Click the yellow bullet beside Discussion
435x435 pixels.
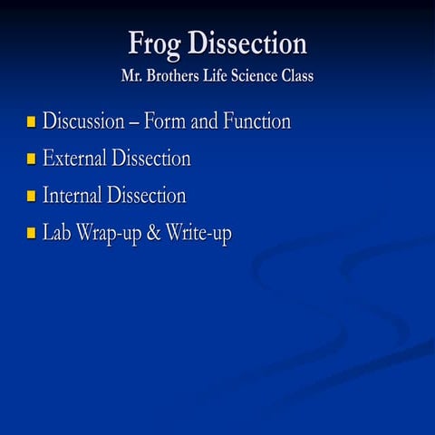tap(31, 121)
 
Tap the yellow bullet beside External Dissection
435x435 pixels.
tap(31, 159)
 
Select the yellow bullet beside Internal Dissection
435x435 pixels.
tap(31, 196)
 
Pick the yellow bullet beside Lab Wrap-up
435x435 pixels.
tap(31, 233)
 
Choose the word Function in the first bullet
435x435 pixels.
tap(256, 121)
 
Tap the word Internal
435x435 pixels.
tap(72, 195)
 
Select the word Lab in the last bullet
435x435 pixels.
tap(57, 233)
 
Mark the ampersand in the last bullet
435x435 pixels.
tap(153, 233)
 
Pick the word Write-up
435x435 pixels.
tap(198, 234)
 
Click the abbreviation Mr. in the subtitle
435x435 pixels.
tap(133, 76)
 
